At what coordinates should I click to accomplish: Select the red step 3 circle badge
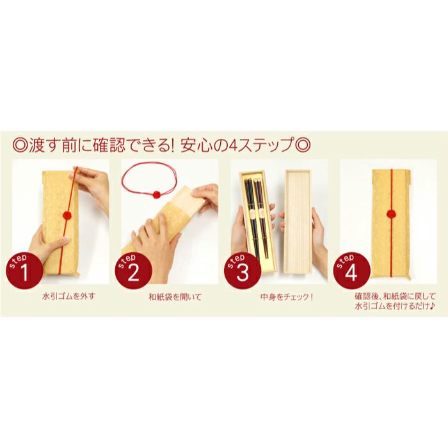(241, 271)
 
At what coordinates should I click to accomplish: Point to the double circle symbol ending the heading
(304, 144)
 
